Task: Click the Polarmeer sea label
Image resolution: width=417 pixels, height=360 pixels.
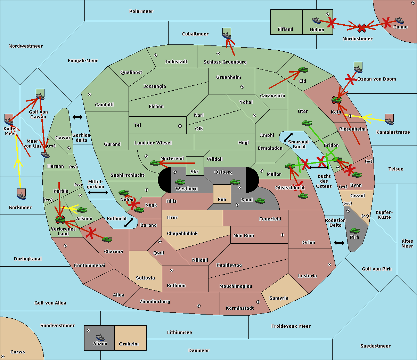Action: pyautogui.click(x=141, y=11)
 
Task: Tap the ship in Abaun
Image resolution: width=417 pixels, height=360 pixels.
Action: pyautogui.click(x=100, y=337)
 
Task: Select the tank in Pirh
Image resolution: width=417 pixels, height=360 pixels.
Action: pyautogui.click(x=354, y=231)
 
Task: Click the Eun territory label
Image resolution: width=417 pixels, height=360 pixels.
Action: pyautogui.click(x=222, y=199)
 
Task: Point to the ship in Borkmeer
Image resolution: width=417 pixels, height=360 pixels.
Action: pyautogui.click(x=22, y=196)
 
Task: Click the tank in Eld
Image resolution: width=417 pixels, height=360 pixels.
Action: pyautogui.click(x=303, y=70)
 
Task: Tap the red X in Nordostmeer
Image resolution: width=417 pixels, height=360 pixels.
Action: pyautogui.click(x=362, y=28)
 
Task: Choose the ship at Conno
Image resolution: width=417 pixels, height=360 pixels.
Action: pyautogui.click(x=399, y=20)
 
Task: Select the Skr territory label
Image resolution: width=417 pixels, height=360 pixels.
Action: pyautogui.click(x=194, y=171)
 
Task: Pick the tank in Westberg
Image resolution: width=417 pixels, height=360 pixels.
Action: pyautogui.click(x=180, y=182)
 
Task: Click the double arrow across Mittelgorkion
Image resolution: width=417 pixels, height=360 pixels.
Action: pyautogui.click(x=98, y=192)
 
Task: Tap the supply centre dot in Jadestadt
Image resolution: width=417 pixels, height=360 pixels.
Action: pyautogui.click(x=156, y=55)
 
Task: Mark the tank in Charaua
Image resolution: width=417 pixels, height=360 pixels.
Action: pyautogui.click(x=107, y=240)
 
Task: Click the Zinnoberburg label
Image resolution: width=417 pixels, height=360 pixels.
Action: pyautogui.click(x=155, y=301)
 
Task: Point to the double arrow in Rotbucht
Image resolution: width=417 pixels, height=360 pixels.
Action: pyautogui.click(x=129, y=223)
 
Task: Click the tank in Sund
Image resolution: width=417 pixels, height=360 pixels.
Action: pyautogui.click(x=260, y=201)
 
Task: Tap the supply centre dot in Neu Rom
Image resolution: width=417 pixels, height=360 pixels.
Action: pyautogui.click(x=283, y=235)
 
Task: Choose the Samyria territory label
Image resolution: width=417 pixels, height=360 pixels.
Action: pyautogui.click(x=279, y=298)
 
